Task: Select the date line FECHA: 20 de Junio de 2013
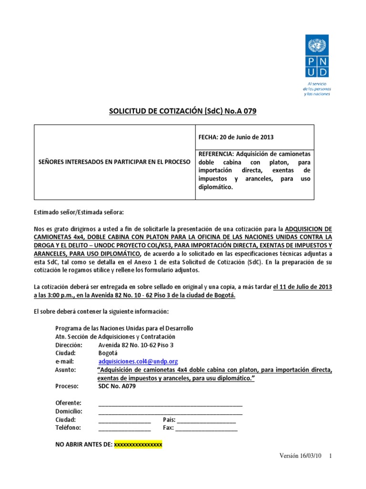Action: pos(235,138)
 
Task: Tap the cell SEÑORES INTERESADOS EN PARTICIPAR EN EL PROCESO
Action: pos(114,162)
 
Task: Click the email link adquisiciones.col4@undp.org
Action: pos(138,361)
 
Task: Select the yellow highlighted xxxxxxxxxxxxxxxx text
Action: pos(138,445)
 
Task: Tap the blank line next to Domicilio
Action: pos(170,411)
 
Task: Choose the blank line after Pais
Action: pos(206,420)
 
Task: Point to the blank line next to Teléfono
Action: pos(124,428)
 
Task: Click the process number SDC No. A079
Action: pos(117,386)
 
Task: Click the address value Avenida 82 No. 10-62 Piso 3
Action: pos(136,345)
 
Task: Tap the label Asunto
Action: pos(65,370)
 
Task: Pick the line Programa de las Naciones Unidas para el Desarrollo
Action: pos(124,329)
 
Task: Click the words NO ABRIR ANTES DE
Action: pos(84,445)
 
